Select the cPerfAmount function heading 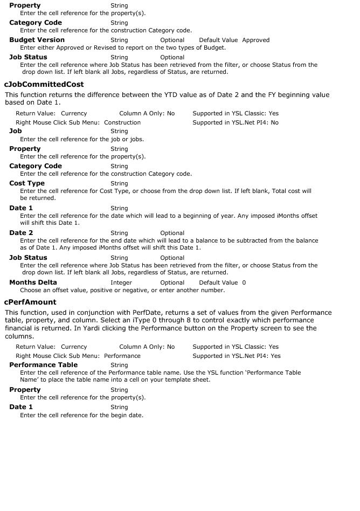click(30, 302)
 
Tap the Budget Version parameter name click(37, 40)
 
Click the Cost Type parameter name click(27, 183)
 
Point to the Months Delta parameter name click(33, 282)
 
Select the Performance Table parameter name click(43, 365)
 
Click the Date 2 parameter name click(21, 233)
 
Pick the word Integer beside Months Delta click(121, 282)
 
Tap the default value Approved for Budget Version click(255, 40)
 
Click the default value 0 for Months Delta click(244, 282)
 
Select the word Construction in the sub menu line click(122, 122)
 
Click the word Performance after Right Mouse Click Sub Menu click(122, 356)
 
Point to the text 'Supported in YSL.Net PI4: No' click(236, 122)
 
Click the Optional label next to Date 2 click(172, 233)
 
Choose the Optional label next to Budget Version click(172, 40)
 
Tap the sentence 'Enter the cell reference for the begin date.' click(81, 415)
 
